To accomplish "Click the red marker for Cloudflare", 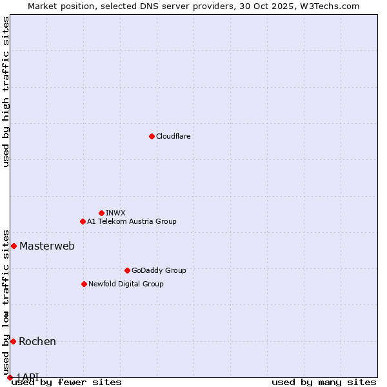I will [152, 136].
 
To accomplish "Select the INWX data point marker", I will [101, 213].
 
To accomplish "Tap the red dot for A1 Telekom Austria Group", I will [83, 221].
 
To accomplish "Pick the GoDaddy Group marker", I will [127, 270].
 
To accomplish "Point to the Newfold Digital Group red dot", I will [84, 284].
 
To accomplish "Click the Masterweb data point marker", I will [14, 246].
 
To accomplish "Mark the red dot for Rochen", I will [13, 341].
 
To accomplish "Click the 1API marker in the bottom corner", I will [10, 377].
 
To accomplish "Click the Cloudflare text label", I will [173, 136].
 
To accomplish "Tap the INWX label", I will [115, 213].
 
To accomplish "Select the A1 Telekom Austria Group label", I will [132, 221].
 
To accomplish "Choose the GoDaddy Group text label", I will [159, 270].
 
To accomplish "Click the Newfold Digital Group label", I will [126, 284].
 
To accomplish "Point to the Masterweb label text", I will [47, 246].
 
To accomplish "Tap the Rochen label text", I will [37, 341].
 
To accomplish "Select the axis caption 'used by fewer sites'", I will [66, 382].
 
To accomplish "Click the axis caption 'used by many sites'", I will [324, 382].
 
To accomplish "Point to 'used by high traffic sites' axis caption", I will [6, 92].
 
